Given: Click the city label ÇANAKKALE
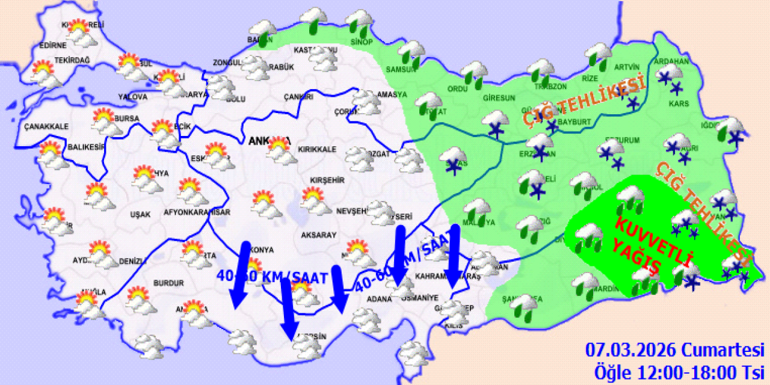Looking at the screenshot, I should (x=46, y=126).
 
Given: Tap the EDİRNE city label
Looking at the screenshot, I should (x=52, y=46).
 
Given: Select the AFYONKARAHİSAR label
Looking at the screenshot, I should (x=197, y=212).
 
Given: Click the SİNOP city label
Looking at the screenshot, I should (x=362, y=42).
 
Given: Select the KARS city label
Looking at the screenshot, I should (x=678, y=103).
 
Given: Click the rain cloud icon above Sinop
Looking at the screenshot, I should (x=360, y=21).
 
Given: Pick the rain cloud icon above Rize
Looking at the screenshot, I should (x=598, y=55).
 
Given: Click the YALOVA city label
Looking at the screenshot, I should (x=133, y=96).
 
